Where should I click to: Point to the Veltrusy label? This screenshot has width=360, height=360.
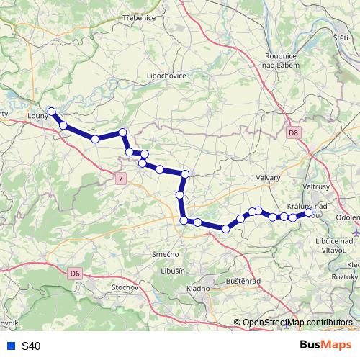(x=315, y=186)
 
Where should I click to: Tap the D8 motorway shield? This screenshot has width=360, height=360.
(x=292, y=133)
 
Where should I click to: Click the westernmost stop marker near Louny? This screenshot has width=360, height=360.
(x=51, y=111)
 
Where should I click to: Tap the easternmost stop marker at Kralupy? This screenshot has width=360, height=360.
(x=309, y=212)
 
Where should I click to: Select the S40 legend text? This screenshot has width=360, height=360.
(x=31, y=346)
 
